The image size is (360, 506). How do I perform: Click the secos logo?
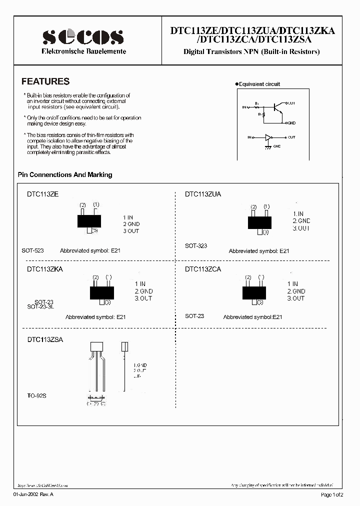click(x=83, y=36)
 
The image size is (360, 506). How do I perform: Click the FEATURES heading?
click(x=45, y=81)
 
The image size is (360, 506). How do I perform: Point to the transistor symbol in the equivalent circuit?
click(x=278, y=107)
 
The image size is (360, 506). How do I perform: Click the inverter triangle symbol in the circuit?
click(x=269, y=137)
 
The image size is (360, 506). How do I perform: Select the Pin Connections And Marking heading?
click(x=65, y=175)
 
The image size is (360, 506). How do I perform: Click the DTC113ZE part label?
click(x=42, y=194)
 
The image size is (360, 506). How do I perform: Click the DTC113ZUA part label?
click(x=203, y=194)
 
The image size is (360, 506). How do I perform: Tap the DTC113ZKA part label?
click(x=44, y=269)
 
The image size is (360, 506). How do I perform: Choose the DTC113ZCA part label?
click(x=203, y=269)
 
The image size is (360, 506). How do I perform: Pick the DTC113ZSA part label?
click(x=44, y=339)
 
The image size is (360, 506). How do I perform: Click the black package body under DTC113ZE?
click(x=89, y=220)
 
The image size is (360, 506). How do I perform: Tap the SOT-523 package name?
click(x=32, y=250)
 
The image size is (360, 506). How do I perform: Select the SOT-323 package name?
click(x=196, y=246)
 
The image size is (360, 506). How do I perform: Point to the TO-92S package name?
click(x=37, y=395)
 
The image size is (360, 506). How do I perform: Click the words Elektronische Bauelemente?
click(x=83, y=51)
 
